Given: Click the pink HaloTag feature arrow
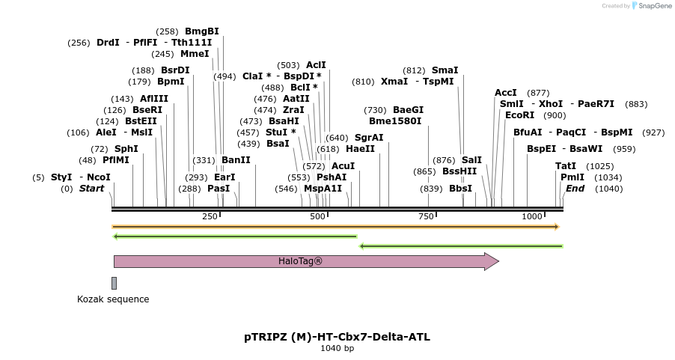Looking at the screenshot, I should pos(299,261).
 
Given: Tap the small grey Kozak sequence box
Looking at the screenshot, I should pos(114,283).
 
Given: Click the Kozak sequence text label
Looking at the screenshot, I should pos(113,299).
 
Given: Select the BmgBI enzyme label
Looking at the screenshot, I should pos(202,31).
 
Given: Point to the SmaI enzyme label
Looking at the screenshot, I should pos(445,70).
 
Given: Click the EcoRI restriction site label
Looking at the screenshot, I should pos(519,115).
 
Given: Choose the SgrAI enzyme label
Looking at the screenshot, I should pos(368,138).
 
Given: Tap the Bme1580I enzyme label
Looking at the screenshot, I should pos(395,121).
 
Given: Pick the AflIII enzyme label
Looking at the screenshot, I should pos(154,99).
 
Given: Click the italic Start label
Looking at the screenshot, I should pos(91,189).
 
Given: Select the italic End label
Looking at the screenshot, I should pos(575,189).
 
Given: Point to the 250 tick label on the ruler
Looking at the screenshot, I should pos(210,216).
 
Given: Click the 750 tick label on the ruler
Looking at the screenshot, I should pos(426,216).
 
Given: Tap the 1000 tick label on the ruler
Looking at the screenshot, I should pos(531,216).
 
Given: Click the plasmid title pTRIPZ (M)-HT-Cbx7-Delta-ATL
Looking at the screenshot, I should pos(337,337).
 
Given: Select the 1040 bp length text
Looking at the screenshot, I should pos(337,348).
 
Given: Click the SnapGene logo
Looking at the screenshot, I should pos(652,6).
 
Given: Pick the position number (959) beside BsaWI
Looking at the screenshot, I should pos(624,149).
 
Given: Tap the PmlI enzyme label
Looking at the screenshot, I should pos(572,177).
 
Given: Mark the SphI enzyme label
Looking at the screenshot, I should pos(126,149).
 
